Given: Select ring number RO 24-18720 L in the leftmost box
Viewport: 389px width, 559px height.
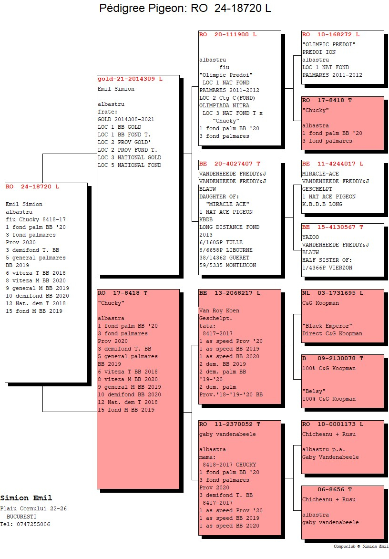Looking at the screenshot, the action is pyautogui.click(x=32, y=186).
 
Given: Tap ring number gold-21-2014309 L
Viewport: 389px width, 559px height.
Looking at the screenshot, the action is pyautogui.click(x=130, y=79).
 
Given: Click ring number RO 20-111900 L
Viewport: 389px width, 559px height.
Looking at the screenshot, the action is pyautogui.click(x=227, y=34).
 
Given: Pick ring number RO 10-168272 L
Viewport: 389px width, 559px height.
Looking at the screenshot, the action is pyautogui.click(x=330, y=34).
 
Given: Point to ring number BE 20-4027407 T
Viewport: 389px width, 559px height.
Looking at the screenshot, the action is pyautogui.click(x=229, y=164).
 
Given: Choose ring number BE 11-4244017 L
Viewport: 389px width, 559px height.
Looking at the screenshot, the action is pyautogui.click(x=332, y=164).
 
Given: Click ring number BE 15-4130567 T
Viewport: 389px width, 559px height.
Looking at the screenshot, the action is pyautogui.click(x=332, y=227).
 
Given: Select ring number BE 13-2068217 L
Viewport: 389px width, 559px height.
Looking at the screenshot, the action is pyautogui.click(x=229, y=293).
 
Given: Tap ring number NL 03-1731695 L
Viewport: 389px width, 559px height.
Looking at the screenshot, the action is pyautogui.click(x=332, y=293).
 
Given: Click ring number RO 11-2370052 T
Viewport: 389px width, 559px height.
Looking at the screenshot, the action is pyautogui.click(x=229, y=424).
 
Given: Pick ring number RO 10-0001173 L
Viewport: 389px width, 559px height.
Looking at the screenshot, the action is pyautogui.click(x=332, y=424).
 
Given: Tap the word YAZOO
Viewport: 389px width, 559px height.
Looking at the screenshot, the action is pyautogui.click(x=310, y=237).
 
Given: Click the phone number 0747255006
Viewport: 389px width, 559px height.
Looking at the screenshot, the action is pyautogui.click(x=33, y=524).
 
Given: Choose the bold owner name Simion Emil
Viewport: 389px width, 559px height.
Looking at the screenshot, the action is pyautogui.click(x=26, y=497).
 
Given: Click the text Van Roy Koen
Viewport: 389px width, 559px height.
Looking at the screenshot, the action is pyautogui.click(x=219, y=311).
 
